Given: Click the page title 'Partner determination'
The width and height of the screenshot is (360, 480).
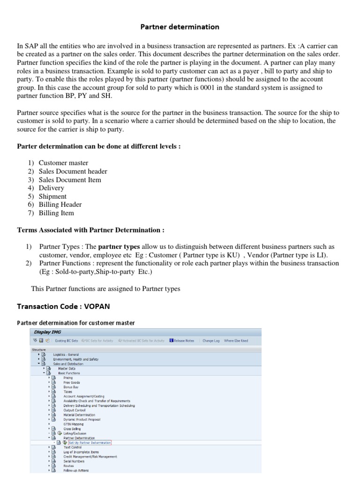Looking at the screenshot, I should (180, 27).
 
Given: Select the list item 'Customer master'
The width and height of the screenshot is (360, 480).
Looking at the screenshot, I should (63, 163).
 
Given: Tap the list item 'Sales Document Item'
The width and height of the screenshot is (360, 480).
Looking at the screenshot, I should (70, 180).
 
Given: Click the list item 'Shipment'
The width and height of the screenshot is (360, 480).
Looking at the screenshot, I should (52, 196).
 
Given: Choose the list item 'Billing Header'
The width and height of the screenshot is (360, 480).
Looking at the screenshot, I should (60, 204).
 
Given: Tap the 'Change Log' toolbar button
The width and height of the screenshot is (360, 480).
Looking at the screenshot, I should (211, 341).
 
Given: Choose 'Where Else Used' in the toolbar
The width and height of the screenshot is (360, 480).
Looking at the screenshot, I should (236, 341).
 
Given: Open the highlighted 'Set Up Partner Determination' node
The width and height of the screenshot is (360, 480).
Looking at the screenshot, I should (90, 442).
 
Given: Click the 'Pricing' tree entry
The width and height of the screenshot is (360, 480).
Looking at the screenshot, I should (68, 377).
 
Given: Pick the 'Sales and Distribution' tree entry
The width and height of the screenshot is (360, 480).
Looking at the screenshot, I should (68, 363).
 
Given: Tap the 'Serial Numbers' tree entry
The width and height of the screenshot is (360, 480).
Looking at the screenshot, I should (74, 461).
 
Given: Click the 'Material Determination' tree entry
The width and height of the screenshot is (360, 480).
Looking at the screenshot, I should (79, 415).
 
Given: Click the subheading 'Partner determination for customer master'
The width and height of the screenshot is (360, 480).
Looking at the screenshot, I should (75, 322).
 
